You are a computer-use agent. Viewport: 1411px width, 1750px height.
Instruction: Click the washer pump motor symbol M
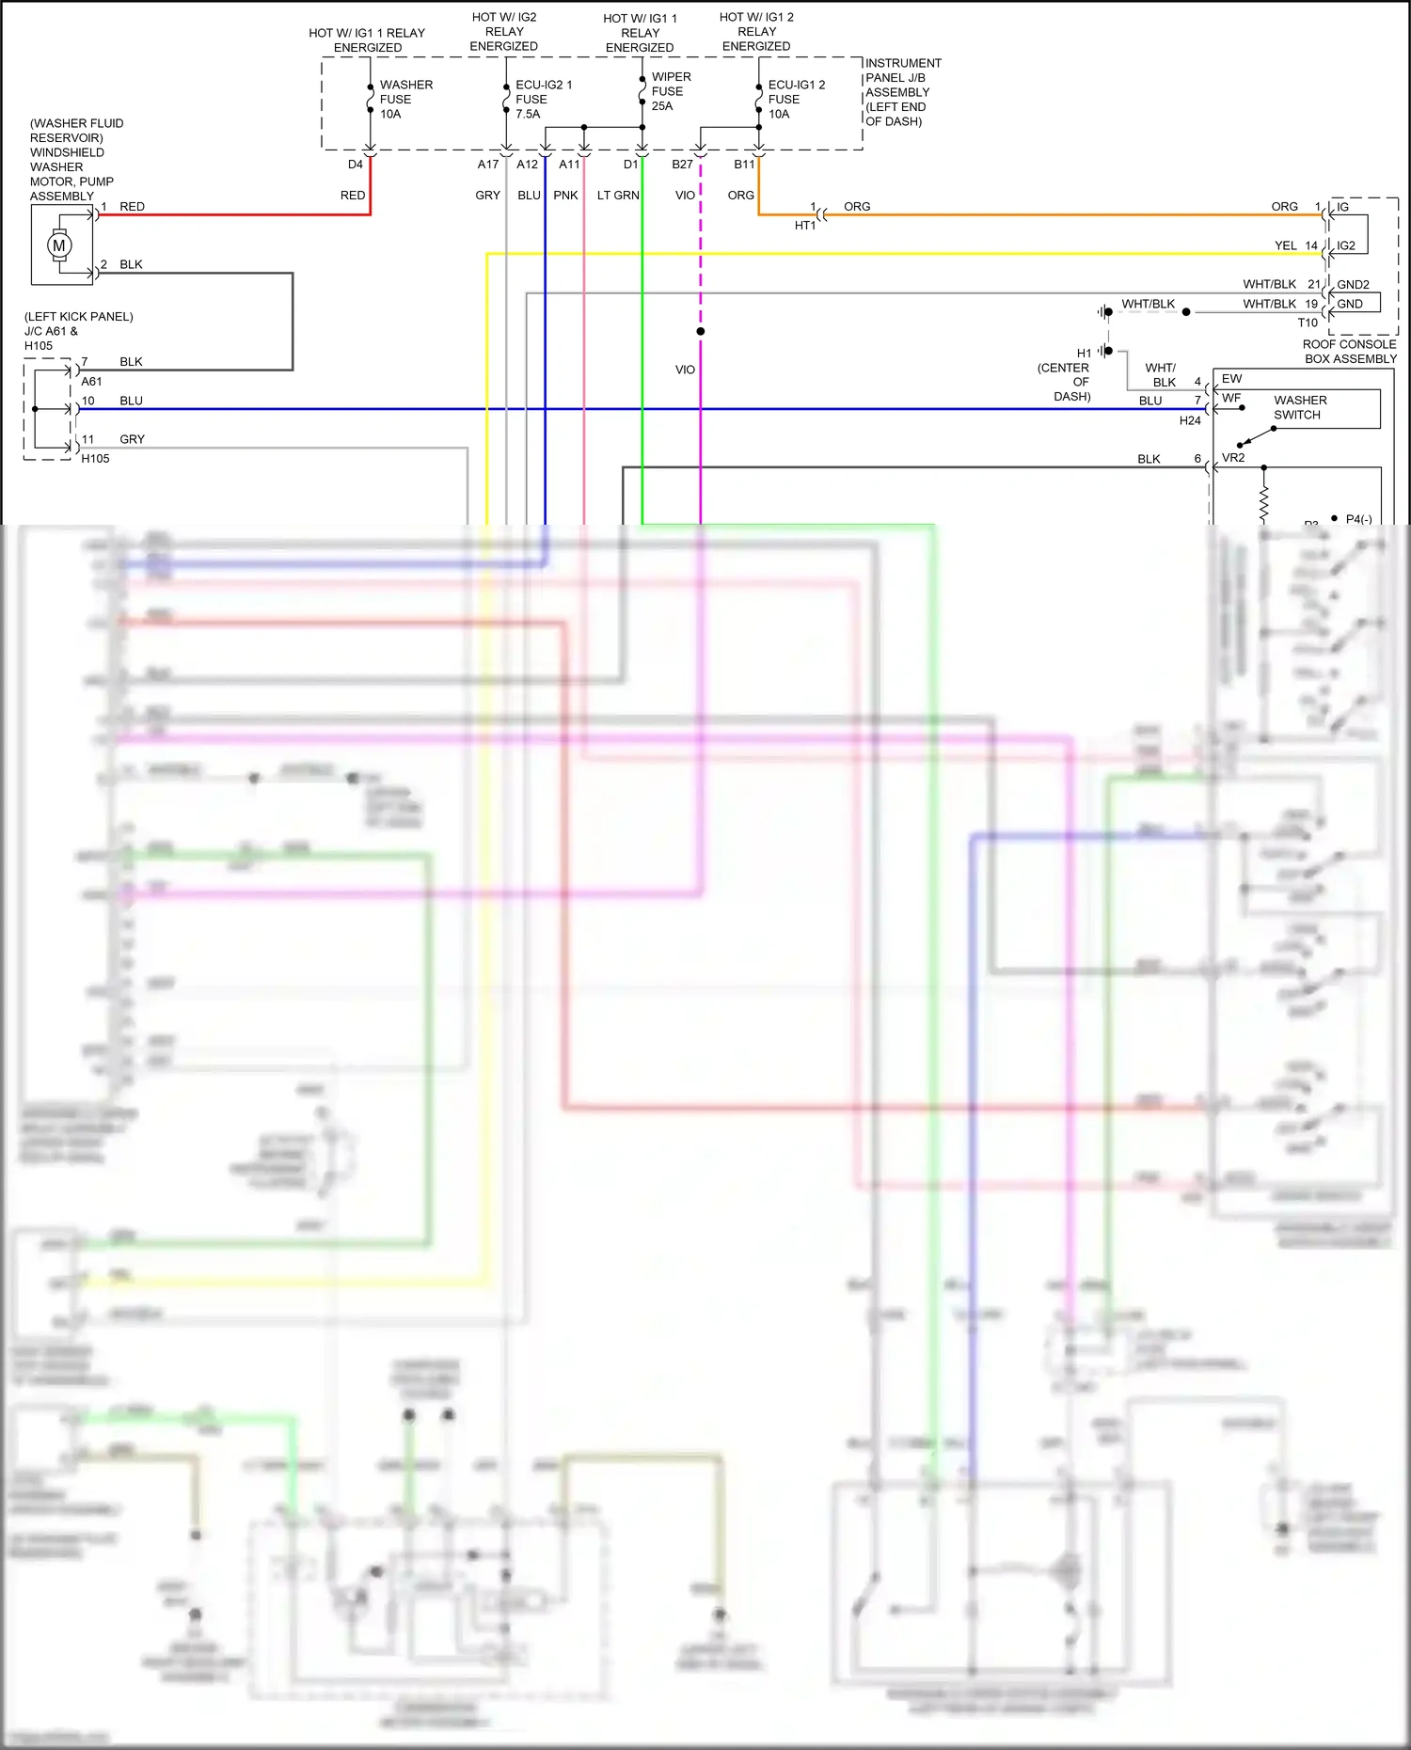click(59, 245)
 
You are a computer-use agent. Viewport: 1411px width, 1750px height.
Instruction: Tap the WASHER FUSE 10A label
click(405, 99)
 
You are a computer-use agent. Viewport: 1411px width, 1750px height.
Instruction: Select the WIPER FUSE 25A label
click(671, 91)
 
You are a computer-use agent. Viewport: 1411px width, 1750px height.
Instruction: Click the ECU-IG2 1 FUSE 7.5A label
click(543, 99)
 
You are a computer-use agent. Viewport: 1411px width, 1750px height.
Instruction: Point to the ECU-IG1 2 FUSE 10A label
click(796, 99)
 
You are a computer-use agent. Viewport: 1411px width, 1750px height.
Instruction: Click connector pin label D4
click(355, 165)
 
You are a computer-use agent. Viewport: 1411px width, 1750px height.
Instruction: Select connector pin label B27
click(682, 165)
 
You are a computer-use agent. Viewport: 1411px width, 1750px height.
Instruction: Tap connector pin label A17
click(487, 165)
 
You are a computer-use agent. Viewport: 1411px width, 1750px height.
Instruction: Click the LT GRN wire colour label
click(618, 196)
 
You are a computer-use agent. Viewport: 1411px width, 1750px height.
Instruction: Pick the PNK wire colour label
click(565, 196)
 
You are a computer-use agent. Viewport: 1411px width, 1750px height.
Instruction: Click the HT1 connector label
click(805, 226)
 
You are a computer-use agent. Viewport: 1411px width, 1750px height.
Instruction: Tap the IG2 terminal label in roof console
click(1346, 245)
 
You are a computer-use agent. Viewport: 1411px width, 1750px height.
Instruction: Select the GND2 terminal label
click(1353, 284)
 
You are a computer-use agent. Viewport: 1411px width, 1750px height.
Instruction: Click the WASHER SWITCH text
click(1299, 407)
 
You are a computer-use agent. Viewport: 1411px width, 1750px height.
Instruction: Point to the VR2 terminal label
click(1232, 458)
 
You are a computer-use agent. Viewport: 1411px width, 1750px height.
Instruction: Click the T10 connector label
click(1308, 323)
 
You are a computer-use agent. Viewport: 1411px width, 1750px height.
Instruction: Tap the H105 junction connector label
click(95, 459)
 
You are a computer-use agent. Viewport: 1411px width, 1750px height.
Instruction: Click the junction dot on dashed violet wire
click(701, 331)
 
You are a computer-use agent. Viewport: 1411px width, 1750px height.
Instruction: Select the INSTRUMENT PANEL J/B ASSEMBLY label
click(901, 92)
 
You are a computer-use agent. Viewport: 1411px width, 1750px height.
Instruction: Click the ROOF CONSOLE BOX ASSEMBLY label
click(1349, 352)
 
